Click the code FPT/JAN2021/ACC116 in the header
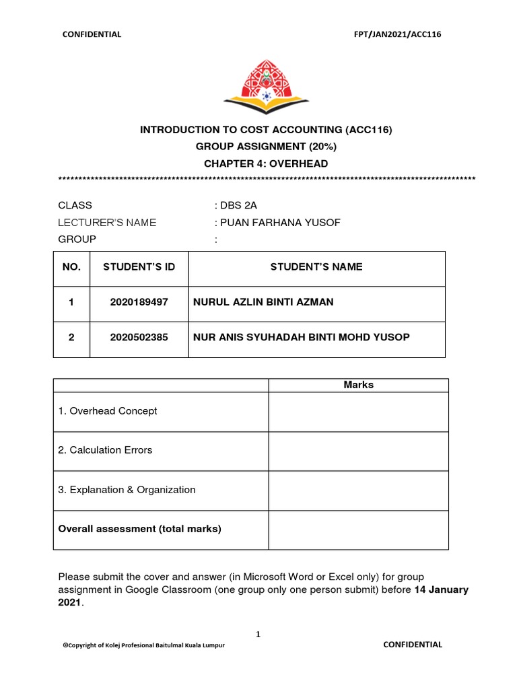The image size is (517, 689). pos(401,34)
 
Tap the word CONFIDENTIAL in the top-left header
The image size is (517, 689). pos(92,34)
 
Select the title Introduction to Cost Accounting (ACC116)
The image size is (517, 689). pos(266,129)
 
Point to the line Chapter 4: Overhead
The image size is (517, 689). pos(266,164)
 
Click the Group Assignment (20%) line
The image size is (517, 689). pos(266,147)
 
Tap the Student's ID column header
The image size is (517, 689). pos(139,267)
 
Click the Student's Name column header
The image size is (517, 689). pos(316,267)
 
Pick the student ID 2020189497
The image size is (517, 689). pos(139,302)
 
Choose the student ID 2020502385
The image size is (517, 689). pos(139,337)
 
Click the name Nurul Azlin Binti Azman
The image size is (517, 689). pos(263,302)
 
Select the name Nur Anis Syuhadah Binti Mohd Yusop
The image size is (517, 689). pos(301,337)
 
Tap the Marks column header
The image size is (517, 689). pos(358,385)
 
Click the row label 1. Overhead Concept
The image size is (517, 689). pos(108,411)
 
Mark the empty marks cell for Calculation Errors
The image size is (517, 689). pos(358,451)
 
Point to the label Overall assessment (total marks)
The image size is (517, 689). pos(140,529)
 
